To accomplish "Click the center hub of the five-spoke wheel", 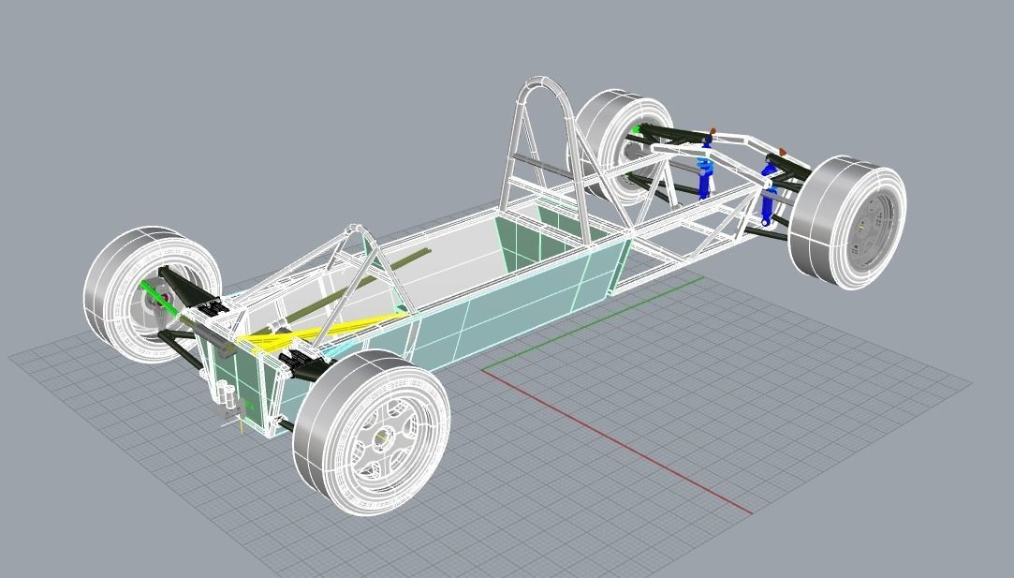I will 382,437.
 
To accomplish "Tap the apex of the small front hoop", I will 353,228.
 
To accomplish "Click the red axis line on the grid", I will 618,441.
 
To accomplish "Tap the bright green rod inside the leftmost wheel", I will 153,291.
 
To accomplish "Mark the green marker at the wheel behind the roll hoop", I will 638,130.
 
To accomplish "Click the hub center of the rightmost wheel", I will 860,226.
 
